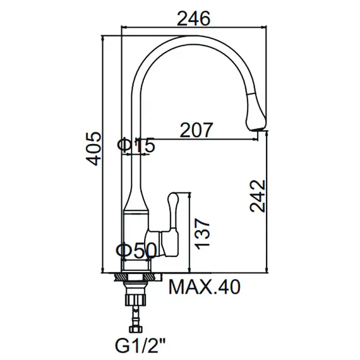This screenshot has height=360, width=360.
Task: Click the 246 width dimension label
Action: [194, 18]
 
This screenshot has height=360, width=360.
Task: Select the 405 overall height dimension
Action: [93, 148]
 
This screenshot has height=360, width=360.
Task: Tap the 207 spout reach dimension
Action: [196, 129]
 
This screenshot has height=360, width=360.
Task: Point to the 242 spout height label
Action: [258, 196]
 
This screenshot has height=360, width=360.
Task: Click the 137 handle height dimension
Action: [202, 234]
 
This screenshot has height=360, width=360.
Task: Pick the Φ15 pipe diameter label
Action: [136, 145]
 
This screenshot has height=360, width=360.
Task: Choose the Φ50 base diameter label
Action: [136, 250]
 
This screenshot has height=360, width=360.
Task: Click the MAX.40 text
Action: [205, 287]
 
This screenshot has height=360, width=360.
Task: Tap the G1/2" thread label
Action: [140, 346]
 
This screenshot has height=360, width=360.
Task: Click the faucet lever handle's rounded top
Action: [172, 197]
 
